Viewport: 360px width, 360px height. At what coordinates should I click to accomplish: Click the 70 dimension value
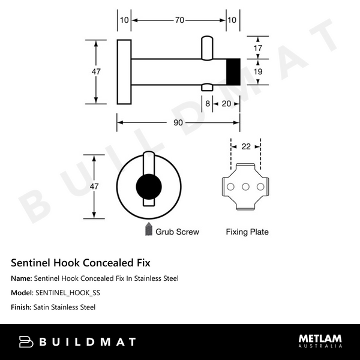click(179, 20)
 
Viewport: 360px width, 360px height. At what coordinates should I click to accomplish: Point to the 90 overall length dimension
click(179, 123)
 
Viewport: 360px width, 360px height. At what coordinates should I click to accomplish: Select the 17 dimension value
click(257, 47)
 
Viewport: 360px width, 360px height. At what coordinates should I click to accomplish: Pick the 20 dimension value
click(227, 104)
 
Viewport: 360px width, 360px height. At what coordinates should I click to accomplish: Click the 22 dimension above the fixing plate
click(245, 146)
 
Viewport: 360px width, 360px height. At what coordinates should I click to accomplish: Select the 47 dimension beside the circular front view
click(94, 187)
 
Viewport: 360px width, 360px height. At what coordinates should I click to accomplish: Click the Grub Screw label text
click(177, 231)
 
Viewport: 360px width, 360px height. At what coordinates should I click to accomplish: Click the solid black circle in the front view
click(148, 187)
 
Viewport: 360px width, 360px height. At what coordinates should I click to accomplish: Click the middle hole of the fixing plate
click(245, 187)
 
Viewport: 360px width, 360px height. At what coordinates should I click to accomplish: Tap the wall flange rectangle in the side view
click(124, 71)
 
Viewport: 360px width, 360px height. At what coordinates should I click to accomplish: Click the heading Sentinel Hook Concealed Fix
click(81, 263)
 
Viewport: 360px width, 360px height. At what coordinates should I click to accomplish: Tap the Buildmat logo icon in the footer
click(26, 342)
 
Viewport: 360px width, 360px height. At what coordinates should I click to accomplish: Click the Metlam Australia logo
click(320, 341)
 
